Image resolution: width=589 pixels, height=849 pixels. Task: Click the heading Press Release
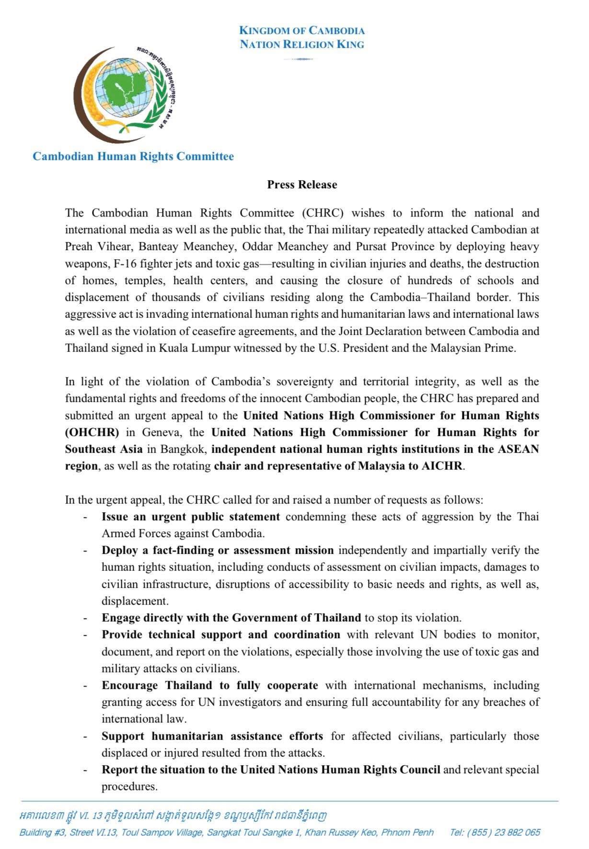point(302,184)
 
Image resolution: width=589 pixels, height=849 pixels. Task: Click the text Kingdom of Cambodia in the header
point(302,31)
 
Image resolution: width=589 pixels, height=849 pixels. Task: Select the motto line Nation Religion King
point(302,45)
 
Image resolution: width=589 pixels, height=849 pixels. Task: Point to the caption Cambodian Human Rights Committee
point(133,156)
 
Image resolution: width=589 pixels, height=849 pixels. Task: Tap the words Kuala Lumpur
point(202,348)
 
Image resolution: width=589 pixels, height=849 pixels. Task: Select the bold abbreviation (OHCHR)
point(92,432)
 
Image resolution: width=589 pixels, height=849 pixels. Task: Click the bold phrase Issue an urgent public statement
point(190,516)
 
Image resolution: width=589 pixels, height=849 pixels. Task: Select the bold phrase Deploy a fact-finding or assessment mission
point(217,550)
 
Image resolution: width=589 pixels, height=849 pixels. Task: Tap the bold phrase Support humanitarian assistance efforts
point(212,736)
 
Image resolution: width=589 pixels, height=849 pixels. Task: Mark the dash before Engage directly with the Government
point(85,618)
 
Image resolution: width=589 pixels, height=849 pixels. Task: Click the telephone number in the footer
point(495,832)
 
